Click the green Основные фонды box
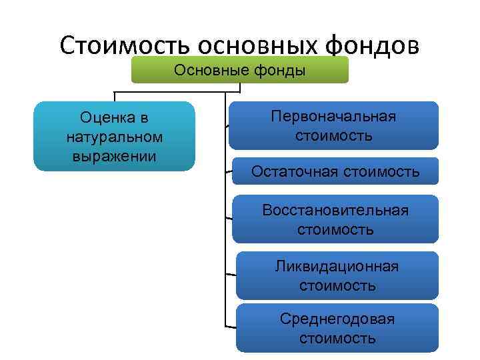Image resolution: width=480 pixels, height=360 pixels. pos(239,70)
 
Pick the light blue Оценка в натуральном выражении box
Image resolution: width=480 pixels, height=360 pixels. pos(114,137)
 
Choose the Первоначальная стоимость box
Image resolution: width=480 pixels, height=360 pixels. pos(333,125)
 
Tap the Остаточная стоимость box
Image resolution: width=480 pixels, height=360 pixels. pos(335,171)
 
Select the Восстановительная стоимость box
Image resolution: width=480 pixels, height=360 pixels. pos(335,219)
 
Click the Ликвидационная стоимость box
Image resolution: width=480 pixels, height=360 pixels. pos(337,275)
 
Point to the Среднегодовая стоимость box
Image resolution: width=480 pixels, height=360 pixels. pos(337,328)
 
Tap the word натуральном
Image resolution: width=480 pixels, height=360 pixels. pos(115,137)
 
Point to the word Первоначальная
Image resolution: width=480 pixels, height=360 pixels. pos(333,117)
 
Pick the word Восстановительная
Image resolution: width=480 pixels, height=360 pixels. pos(335,211)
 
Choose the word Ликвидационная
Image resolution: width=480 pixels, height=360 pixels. pos(337,267)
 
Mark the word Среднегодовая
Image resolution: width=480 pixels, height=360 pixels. pos(337,319)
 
